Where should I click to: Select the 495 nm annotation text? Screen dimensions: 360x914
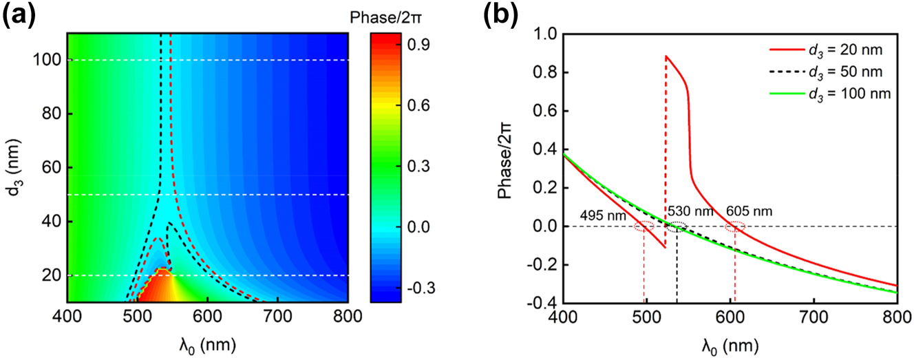pos(599,216)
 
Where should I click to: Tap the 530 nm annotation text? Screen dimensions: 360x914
pos(684,211)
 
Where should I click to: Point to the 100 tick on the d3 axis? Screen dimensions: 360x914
pos(49,60)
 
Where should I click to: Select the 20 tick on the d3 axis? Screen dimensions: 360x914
pos(52,275)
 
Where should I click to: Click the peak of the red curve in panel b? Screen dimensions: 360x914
pos(666,56)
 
